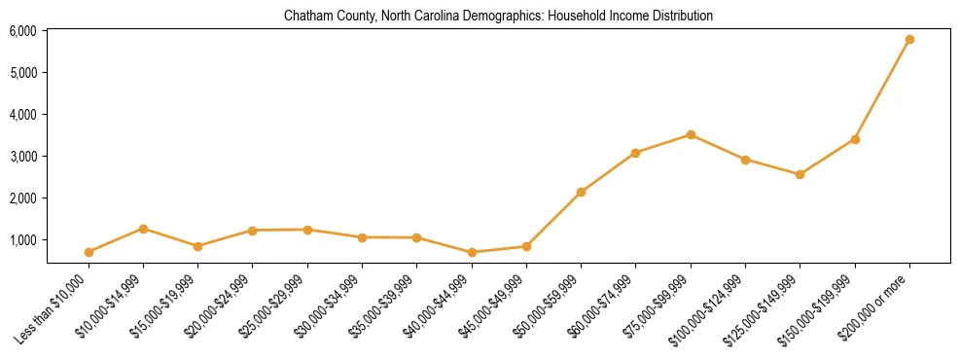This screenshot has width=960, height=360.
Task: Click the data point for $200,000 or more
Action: point(909,40)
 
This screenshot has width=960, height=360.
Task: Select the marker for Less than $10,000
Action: point(89,252)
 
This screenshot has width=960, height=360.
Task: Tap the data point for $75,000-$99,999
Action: point(691,135)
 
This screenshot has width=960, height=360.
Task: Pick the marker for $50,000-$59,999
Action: point(581,193)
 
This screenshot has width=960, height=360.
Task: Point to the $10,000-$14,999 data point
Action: point(144,229)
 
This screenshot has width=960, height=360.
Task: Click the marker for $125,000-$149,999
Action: point(800,175)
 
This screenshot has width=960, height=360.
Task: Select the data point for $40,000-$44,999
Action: point(472,252)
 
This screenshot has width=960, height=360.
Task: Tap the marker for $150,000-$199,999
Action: point(855,139)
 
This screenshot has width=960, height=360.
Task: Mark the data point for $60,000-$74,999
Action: point(635,153)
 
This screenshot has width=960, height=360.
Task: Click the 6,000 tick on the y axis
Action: point(23,31)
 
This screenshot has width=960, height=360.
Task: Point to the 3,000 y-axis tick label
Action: point(23,157)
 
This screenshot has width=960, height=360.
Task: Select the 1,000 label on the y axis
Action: point(23,240)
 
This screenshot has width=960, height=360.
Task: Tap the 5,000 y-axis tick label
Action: point(23,73)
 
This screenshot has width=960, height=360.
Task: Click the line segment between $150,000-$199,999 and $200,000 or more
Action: point(882,90)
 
